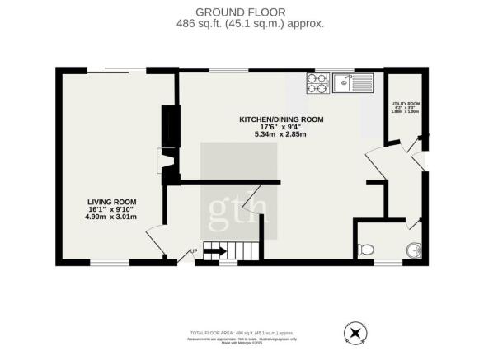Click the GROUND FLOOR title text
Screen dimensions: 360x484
[242, 12]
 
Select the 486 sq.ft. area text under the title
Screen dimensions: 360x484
[242, 24]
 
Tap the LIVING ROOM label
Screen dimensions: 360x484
[112, 201]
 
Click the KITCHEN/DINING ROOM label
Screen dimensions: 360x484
[281, 119]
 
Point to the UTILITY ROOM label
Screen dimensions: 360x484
[404, 103]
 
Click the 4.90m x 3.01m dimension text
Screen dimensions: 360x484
[112, 217]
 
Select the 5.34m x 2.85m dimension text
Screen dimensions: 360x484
[281, 135]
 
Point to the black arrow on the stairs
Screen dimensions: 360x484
[214, 250]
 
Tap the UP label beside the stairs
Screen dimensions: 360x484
[194, 251]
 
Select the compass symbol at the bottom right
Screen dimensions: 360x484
[355, 333]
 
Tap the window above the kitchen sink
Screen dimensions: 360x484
[340, 70]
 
